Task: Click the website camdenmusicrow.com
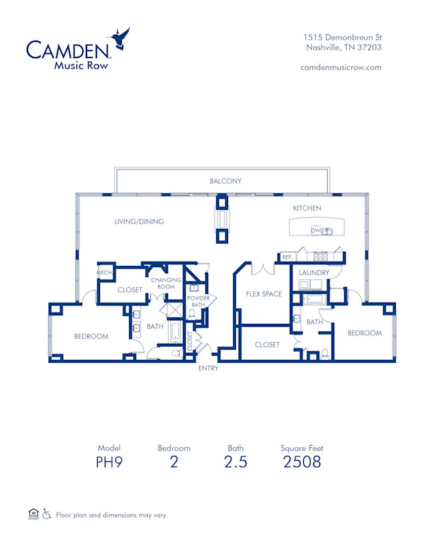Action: click(x=341, y=67)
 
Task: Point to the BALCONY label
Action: click(x=225, y=181)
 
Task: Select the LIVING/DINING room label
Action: click(x=139, y=222)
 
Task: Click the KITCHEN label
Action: click(x=307, y=208)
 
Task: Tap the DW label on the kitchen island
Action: click(x=314, y=231)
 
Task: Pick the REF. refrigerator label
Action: click(x=287, y=257)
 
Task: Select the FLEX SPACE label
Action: click(x=263, y=294)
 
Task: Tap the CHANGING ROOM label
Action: click(x=165, y=283)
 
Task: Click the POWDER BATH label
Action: click(x=198, y=301)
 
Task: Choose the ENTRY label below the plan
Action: click(x=208, y=369)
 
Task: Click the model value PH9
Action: click(x=109, y=463)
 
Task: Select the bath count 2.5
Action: click(x=236, y=463)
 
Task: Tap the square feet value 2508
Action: click(x=302, y=463)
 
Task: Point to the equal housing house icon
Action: click(x=33, y=513)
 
